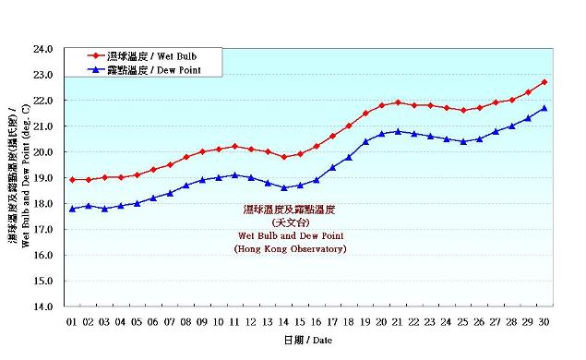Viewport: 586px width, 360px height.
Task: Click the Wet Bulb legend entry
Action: [152, 55]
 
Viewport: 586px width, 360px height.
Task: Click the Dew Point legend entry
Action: [152, 69]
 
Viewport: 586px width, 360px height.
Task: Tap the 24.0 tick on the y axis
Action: [44, 49]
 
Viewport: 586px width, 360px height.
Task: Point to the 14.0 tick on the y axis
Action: [44, 306]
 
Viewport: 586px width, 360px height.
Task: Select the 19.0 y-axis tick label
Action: [44, 177]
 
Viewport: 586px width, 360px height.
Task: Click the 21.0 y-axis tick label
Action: [44, 126]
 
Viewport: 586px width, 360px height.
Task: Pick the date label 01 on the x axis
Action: [72, 321]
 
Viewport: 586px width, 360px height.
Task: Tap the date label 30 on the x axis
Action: [544, 321]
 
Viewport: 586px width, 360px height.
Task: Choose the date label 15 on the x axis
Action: [300, 321]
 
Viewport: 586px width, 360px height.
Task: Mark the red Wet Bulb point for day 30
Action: [544, 82]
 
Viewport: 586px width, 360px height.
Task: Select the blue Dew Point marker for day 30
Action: [544, 108]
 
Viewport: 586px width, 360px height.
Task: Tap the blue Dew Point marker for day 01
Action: [72, 209]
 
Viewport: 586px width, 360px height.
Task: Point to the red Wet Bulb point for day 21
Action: [398, 102]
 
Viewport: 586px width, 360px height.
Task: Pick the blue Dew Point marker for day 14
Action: [284, 187]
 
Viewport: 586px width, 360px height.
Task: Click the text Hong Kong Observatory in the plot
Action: [290, 249]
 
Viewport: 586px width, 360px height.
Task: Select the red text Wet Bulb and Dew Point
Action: [290, 236]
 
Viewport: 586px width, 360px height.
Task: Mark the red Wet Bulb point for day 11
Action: [235, 146]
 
